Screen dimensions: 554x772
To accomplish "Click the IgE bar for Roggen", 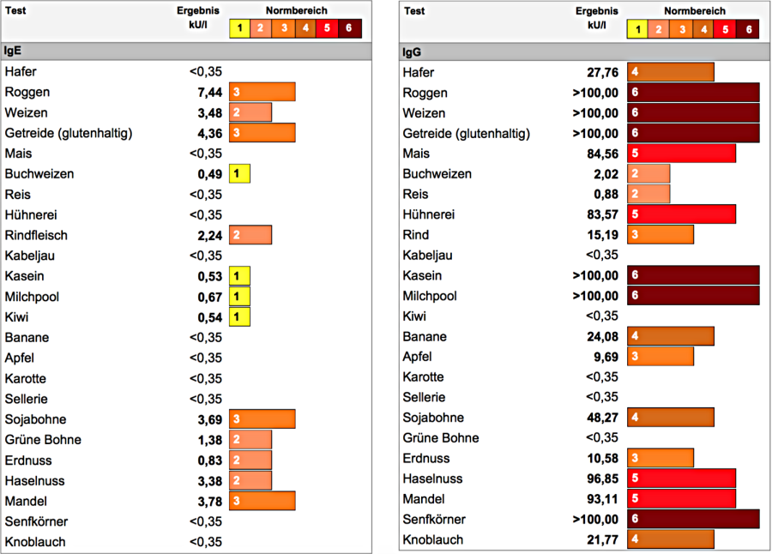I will click(262, 92).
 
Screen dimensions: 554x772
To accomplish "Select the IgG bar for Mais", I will click(682, 154).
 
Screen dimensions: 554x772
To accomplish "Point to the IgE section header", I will click(13, 51).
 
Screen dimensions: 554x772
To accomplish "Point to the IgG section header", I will click(412, 51).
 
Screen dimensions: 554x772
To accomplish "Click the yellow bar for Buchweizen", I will click(240, 174).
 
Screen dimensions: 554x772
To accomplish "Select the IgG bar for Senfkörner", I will click(693, 520).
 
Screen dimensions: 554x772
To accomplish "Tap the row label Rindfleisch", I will click(36, 235).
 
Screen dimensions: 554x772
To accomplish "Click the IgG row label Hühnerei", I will click(429, 214).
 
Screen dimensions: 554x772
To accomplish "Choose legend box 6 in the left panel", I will click(350, 28).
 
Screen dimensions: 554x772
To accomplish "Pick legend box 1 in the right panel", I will click(637, 29).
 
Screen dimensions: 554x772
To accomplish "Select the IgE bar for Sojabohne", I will click(262, 419).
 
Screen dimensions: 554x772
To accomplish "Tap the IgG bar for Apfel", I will click(660, 357).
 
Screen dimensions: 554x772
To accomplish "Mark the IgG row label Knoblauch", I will click(433, 539).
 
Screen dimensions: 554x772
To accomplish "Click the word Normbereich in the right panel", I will click(694, 11).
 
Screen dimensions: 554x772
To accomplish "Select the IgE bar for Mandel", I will click(262, 501).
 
